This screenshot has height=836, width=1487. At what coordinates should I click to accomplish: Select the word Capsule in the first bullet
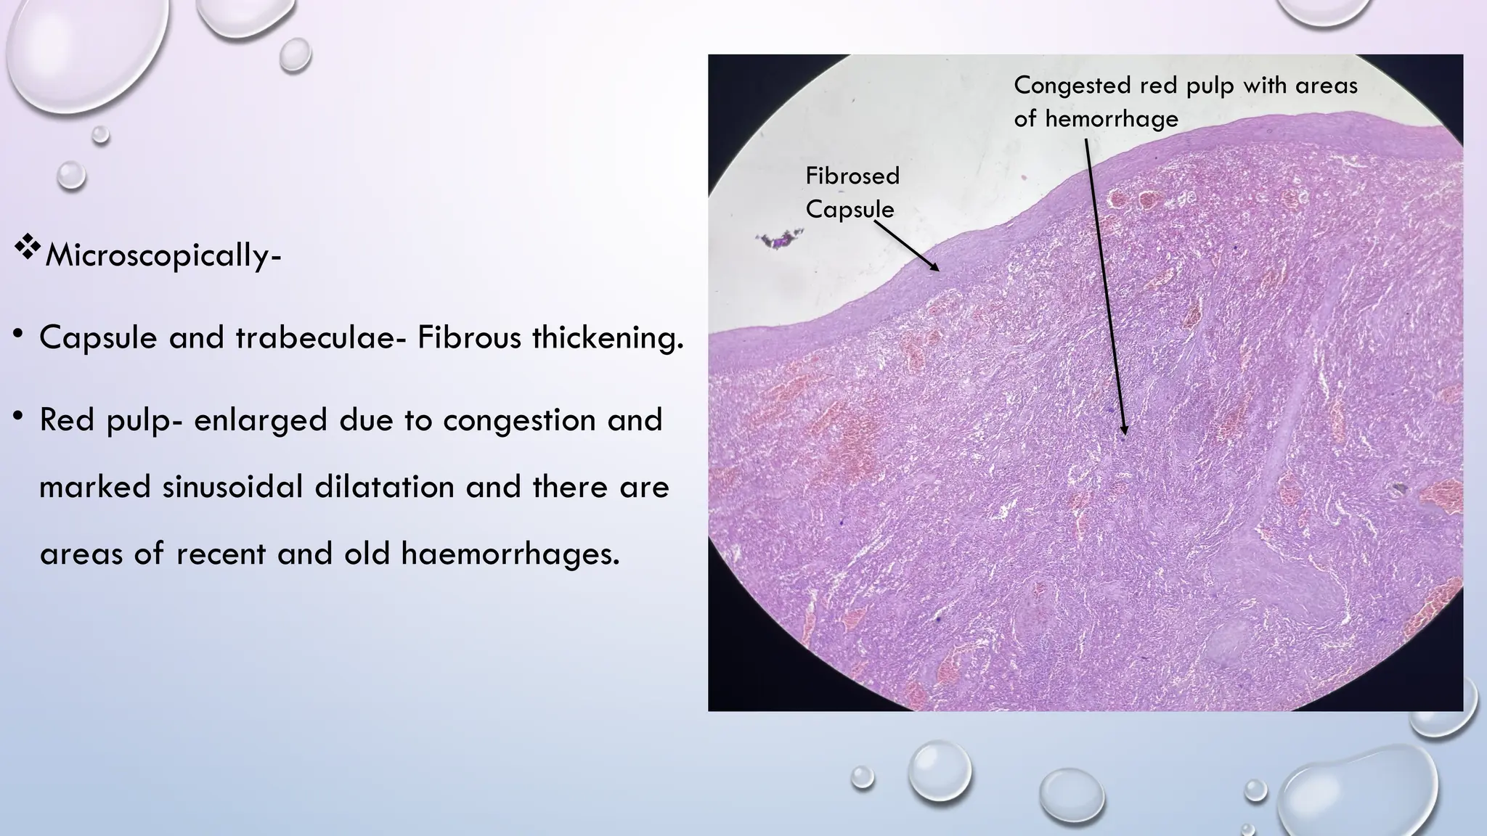tap(98, 337)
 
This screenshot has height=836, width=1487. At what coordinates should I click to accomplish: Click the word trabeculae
tap(315, 337)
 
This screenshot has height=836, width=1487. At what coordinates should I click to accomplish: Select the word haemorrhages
tap(510, 554)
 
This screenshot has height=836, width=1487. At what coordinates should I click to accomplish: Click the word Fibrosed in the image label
tap(852, 176)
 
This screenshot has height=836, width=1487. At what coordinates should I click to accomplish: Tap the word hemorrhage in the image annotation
tap(1111, 118)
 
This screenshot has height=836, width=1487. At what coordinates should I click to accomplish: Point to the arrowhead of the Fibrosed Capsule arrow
tap(937, 269)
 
